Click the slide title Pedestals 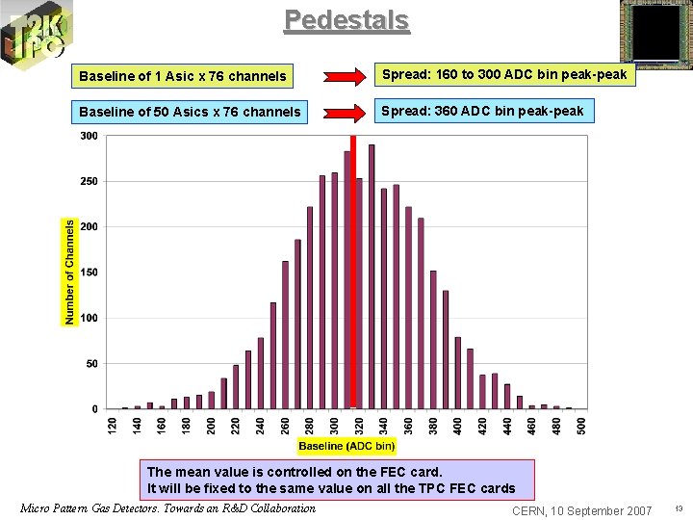[x=346, y=20]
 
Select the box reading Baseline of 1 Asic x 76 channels [x=183, y=76]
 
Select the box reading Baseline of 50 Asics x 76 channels [x=190, y=113]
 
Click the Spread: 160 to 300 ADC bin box [x=505, y=75]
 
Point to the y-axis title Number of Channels [x=69, y=272]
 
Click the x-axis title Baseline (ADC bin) [x=346, y=446]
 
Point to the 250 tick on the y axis [x=89, y=181]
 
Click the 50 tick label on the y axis [x=91, y=364]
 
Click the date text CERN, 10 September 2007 [x=582, y=510]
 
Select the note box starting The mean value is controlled [x=336, y=480]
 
